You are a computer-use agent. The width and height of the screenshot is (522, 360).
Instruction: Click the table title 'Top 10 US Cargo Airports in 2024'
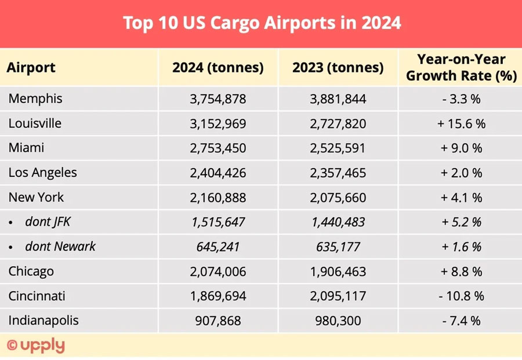pyautogui.click(x=262, y=23)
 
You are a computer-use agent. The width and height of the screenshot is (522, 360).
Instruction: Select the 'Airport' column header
pyautogui.click(x=31, y=67)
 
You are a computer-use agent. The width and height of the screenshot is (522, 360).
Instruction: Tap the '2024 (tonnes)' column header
pyautogui.click(x=217, y=67)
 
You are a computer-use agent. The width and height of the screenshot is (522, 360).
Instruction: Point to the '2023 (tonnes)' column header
pyautogui.click(x=338, y=67)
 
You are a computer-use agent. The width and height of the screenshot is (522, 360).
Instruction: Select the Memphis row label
pyautogui.click(x=35, y=99)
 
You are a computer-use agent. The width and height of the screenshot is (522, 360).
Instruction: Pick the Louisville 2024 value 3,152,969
pyautogui.click(x=217, y=123)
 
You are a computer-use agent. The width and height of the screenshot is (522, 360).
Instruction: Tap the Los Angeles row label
pyautogui.click(x=42, y=173)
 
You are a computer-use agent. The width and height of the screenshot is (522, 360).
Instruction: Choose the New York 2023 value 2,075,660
pyautogui.click(x=338, y=198)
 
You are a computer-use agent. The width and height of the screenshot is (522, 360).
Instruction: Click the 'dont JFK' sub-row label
pyautogui.click(x=49, y=222)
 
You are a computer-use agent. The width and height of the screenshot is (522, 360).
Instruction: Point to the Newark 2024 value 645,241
pyautogui.click(x=217, y=247)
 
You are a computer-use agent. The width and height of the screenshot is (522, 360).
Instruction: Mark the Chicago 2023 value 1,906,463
pyautogui.click(x=338, y=271)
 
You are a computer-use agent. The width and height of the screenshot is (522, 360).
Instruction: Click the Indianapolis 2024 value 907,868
pyautogui.click(x=217, y=321)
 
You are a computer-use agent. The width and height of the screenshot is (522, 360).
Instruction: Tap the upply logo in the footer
pyautogui.click(x=36, y=346)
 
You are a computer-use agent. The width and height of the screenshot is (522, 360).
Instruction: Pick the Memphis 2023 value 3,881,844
pyautogui.click(x=338, y=99)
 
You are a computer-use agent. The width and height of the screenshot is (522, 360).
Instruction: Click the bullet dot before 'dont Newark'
pyautogui.click(x=11, y=248)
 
